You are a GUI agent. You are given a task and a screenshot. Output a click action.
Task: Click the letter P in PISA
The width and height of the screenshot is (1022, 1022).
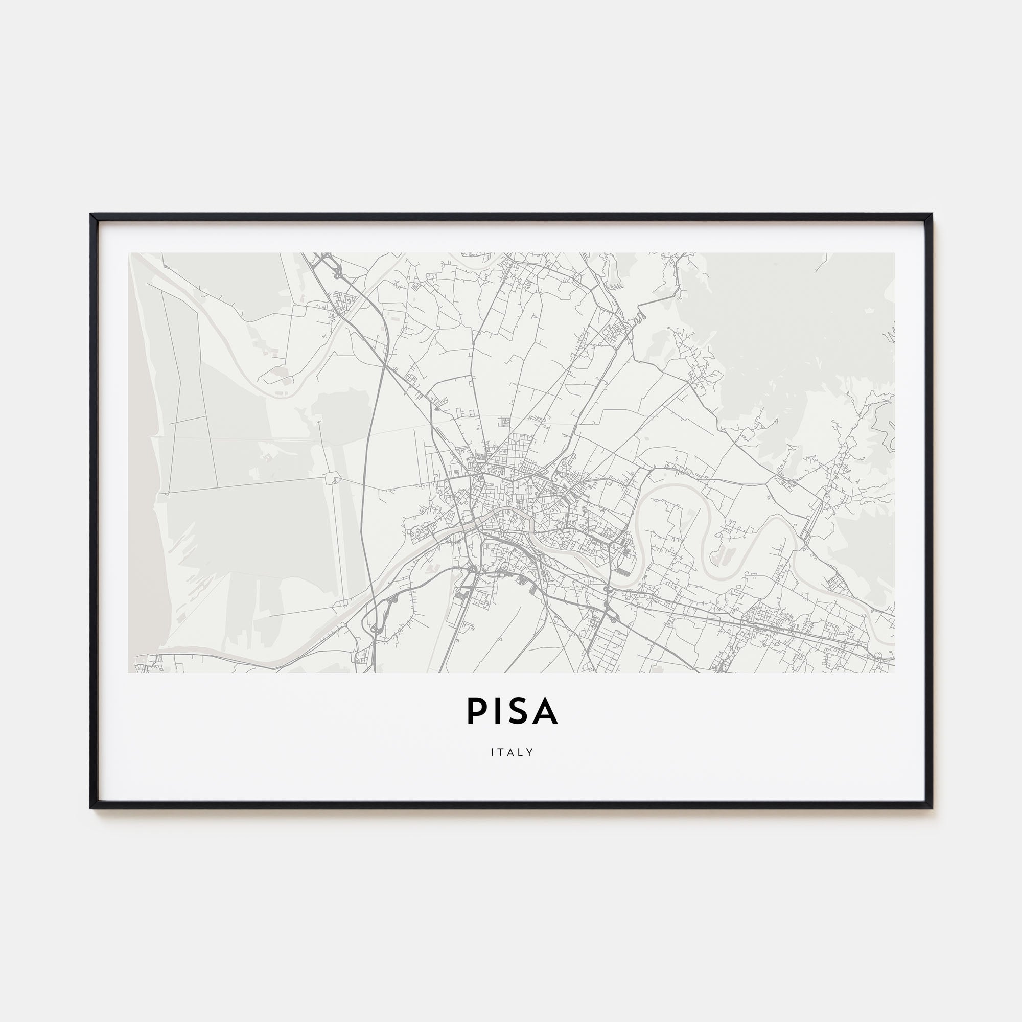click(x=476, y=711)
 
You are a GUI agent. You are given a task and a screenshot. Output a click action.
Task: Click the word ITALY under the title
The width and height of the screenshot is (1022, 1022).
click(x=512, y=752)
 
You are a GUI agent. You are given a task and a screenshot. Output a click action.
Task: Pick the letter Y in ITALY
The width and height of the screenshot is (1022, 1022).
click(x=530, y=752)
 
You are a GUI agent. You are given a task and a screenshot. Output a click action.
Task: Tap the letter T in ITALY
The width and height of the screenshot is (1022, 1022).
click(x=501, y=752)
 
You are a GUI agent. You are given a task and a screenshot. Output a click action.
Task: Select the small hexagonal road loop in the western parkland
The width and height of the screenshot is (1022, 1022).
click(x=333, y=479)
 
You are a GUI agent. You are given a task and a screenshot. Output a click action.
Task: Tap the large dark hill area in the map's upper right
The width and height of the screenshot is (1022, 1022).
click(x=794, y=328)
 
